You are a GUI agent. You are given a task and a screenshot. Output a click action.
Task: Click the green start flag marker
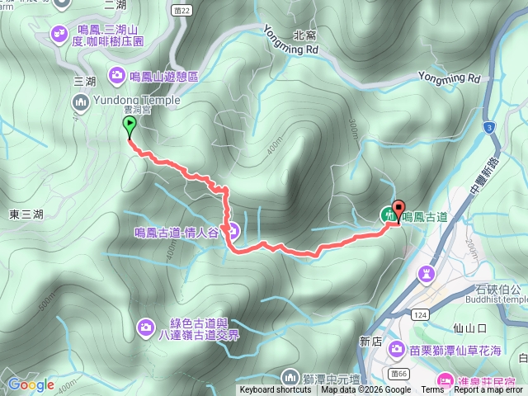tap(130, 127)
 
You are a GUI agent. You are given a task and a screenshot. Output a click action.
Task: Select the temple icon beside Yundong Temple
tap(81, 102)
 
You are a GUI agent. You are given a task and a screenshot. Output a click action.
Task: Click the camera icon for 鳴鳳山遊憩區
tap(116, 75)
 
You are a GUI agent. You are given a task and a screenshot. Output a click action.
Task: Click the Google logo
tap(31, 384)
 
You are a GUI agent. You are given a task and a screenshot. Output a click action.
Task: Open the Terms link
tap(432, 390)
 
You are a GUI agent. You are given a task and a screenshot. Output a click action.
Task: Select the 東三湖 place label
tap(26, 214)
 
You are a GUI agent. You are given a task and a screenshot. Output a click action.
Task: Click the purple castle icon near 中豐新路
tap(427, 273)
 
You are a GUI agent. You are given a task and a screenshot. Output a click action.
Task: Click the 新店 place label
tap(371, 341)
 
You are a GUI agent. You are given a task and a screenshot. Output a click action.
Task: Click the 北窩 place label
tap(304, 35)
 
